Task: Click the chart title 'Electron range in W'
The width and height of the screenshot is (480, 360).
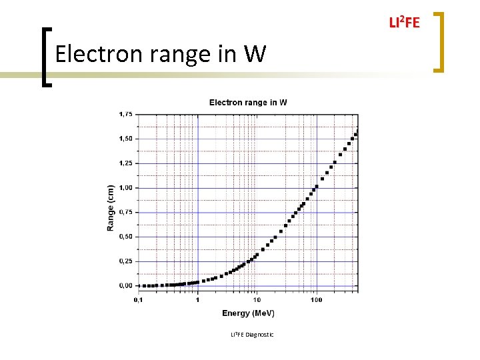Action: point(248,102)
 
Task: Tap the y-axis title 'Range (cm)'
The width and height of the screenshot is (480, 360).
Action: point(111,208)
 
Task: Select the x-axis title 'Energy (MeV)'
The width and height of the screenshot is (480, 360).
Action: point(248,313)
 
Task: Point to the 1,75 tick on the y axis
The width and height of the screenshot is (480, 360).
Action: point(125,114)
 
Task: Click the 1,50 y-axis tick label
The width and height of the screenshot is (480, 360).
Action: point(125,139)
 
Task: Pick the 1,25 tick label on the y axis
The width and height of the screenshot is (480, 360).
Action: point(125,163)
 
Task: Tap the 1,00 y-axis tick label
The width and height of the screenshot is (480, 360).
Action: point(125,188)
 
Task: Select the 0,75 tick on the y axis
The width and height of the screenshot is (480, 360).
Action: point(125,212)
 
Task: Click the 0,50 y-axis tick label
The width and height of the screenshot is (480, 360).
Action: point(125,237)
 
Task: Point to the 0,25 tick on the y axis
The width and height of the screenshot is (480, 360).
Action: point(125,261)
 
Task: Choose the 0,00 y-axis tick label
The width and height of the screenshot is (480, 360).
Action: point(125,285)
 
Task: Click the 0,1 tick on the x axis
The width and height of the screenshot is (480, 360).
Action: point(138,299)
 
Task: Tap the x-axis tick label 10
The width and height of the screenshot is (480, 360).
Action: point(257,299)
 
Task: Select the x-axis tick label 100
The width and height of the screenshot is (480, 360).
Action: point(316,299)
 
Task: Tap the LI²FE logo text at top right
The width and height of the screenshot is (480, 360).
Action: point(404,23)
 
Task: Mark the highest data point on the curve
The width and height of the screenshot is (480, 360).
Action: point(356,134)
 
